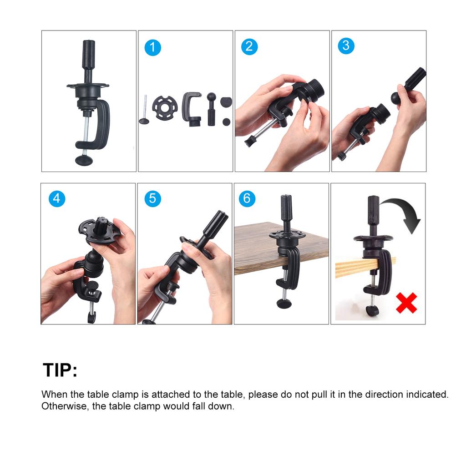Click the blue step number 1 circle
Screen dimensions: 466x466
click(153, 47)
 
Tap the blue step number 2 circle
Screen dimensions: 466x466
click(249, 46)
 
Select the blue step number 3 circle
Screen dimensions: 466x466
click(346, 46)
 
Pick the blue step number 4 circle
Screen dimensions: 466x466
click(56, 198)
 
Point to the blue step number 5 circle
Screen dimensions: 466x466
click(153, 198)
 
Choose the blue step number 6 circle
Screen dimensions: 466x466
click(247, 198)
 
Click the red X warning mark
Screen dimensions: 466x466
click(406, 303)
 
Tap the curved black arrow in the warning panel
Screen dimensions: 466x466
click(405, 214)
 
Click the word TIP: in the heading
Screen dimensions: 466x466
click(60, 370)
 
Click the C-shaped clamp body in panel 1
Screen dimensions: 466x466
click(191, 107)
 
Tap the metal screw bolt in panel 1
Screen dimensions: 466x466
click(144, 111)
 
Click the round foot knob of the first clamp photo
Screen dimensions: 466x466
click(84, 159)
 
